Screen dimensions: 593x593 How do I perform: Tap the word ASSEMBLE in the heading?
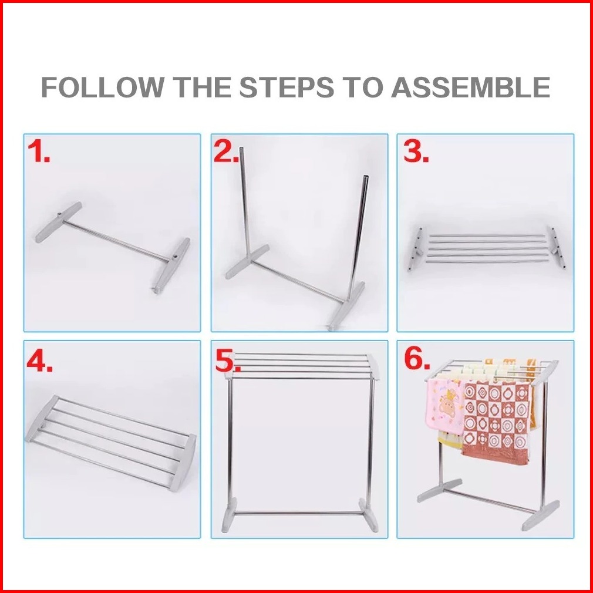click(470, 87)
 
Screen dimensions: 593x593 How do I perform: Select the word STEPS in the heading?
click(287, 87)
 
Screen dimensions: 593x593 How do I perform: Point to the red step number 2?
click(226, 151)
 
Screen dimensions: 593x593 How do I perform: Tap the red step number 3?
click(416, 151)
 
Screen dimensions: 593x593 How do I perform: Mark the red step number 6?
click(417, 358)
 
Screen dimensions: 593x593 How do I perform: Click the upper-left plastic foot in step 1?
click(59, 222)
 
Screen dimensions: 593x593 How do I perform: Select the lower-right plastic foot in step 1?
click(171, 265)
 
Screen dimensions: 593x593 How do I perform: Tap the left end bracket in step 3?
click(416, 249)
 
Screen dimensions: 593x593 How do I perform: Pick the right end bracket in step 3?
click(557, 248)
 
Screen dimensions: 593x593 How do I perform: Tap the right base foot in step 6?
click(541, 515)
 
